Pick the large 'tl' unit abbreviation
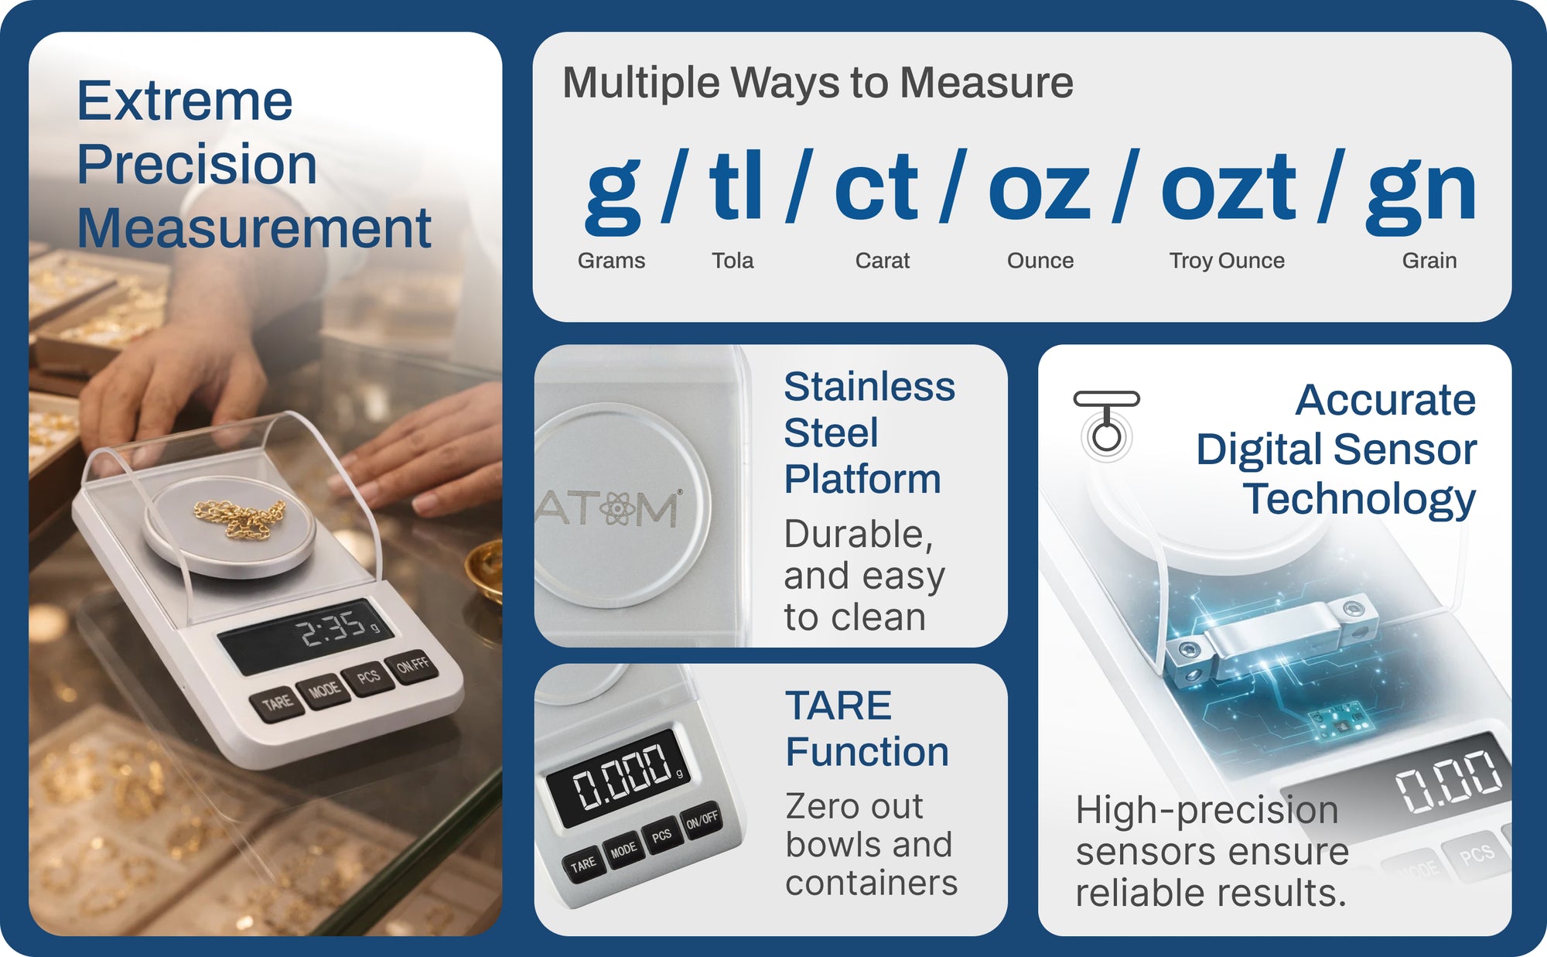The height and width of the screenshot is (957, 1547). pyautogui.click(x=736, y=186)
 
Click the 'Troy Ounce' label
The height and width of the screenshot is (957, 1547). pyautogui.click(x=1227, y=261)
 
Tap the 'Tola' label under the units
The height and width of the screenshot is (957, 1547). pyautogui.click(x=733, y=261)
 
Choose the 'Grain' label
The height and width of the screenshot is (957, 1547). pyautogui.click(x=1429, y=261)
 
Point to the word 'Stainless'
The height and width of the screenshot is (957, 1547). pyautogui.click(x=869, y=386)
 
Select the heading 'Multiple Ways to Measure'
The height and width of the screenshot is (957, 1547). pyautogui.click(x=818, y=83)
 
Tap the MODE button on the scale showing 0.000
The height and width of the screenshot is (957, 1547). pyautogui.click(x=623, y=851)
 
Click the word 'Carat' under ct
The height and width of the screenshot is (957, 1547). pyautogui.click(x=883, y=261)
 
